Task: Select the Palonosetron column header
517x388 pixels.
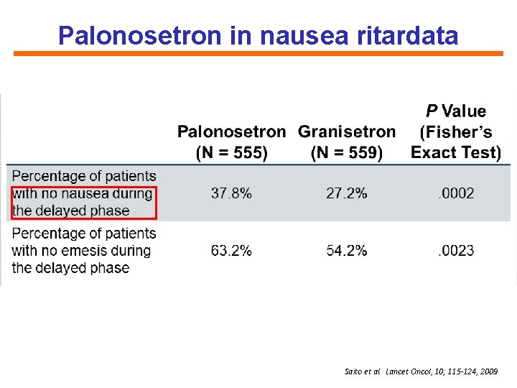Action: point(231,131)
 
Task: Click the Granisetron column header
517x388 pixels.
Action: point(347,131)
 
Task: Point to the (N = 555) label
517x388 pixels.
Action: point(231,152)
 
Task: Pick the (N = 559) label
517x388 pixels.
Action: point(347,152)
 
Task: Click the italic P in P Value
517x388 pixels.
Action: point(432,111)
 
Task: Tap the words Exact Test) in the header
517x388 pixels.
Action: point(455,152)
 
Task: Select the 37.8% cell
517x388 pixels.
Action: point(231,193)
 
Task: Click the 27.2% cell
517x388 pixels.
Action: point(347,193)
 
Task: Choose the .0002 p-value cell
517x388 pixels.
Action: point(456,193)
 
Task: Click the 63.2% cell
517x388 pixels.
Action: point(231,251)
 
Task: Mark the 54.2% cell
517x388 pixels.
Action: point(347,251)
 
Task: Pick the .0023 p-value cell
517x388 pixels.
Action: point(456,251)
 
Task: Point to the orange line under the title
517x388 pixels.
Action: point(258,53)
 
